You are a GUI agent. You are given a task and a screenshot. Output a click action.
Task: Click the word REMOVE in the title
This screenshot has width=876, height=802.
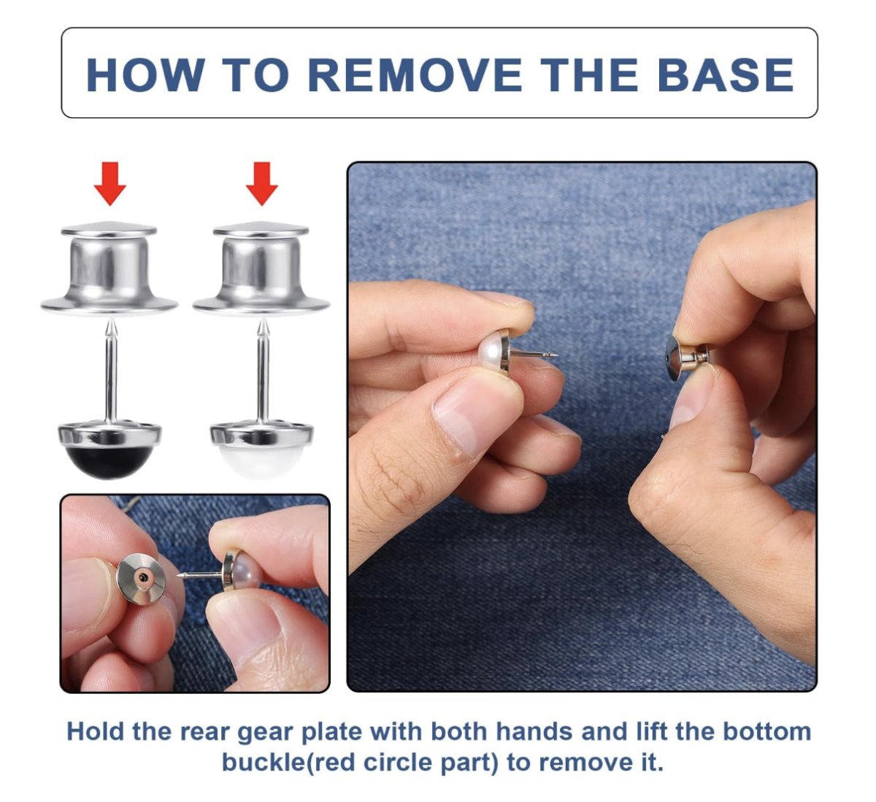415,74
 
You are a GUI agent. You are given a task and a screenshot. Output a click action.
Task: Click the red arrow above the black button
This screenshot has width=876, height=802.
110,183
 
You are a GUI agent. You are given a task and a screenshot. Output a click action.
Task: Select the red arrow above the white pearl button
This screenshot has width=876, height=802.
262,183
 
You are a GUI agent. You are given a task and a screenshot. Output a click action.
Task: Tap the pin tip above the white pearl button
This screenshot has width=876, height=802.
264,320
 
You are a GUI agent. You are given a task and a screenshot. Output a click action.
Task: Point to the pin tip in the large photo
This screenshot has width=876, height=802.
556,355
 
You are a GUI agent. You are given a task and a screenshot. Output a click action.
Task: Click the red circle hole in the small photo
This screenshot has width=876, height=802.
143,578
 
